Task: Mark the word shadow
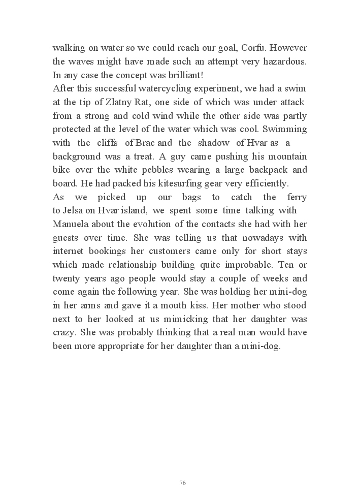(x=211, y=143)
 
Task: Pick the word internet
(x=69, y=251)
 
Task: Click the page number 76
(x=183, y=482)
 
